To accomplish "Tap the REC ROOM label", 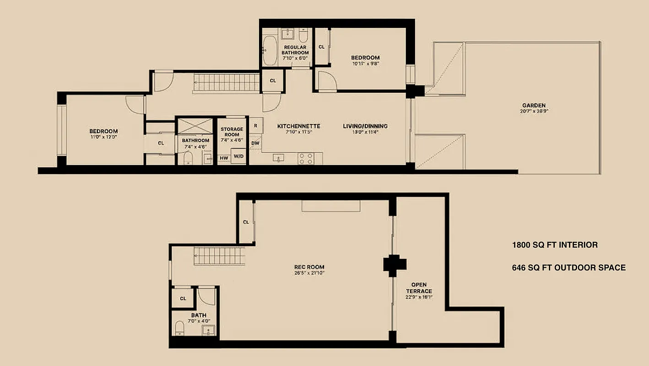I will coord(313,267).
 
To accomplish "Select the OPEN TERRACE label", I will coord(418,288).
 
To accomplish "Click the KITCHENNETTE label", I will coord(298,126).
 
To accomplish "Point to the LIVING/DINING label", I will coord(365,126).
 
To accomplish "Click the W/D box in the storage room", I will coord(238,156).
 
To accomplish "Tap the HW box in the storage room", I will coord(224,158).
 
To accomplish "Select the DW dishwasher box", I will coord(255,144).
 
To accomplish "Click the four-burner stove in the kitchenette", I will coord(306,158).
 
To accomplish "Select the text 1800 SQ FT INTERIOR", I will coord(554,245).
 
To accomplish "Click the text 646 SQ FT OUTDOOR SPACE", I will coord(568,268).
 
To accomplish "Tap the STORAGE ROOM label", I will coord(232,132).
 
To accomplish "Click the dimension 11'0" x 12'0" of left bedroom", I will coord(103,136).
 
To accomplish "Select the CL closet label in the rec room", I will coord(246,222).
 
